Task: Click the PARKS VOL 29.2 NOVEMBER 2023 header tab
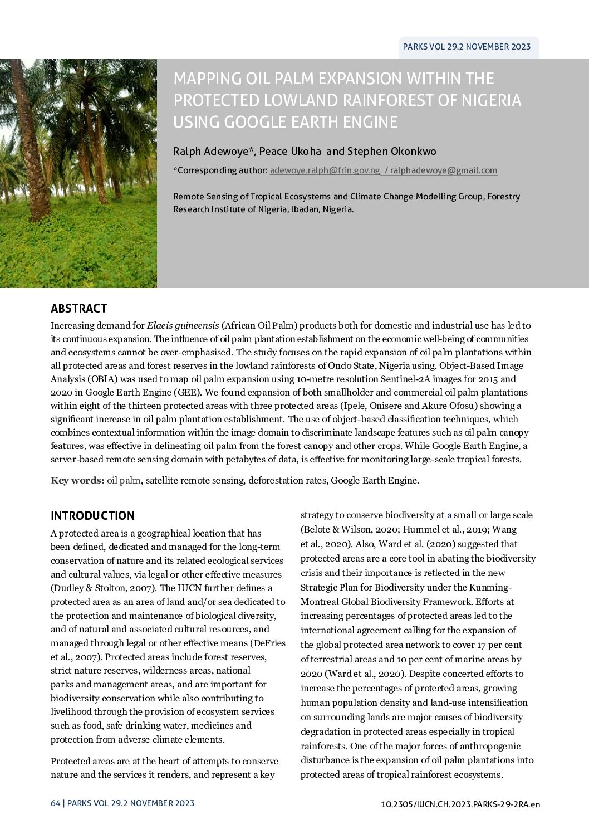click(467, 47)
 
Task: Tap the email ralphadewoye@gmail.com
click(444, 170)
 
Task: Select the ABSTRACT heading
click(78, 309)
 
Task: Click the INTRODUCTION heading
click(92, 515)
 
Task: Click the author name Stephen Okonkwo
click(392, 152)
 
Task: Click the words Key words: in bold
click(77, 480)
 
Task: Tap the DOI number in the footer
click(460, 804)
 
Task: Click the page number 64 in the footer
click(55, 803)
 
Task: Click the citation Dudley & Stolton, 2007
click(104, 588)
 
